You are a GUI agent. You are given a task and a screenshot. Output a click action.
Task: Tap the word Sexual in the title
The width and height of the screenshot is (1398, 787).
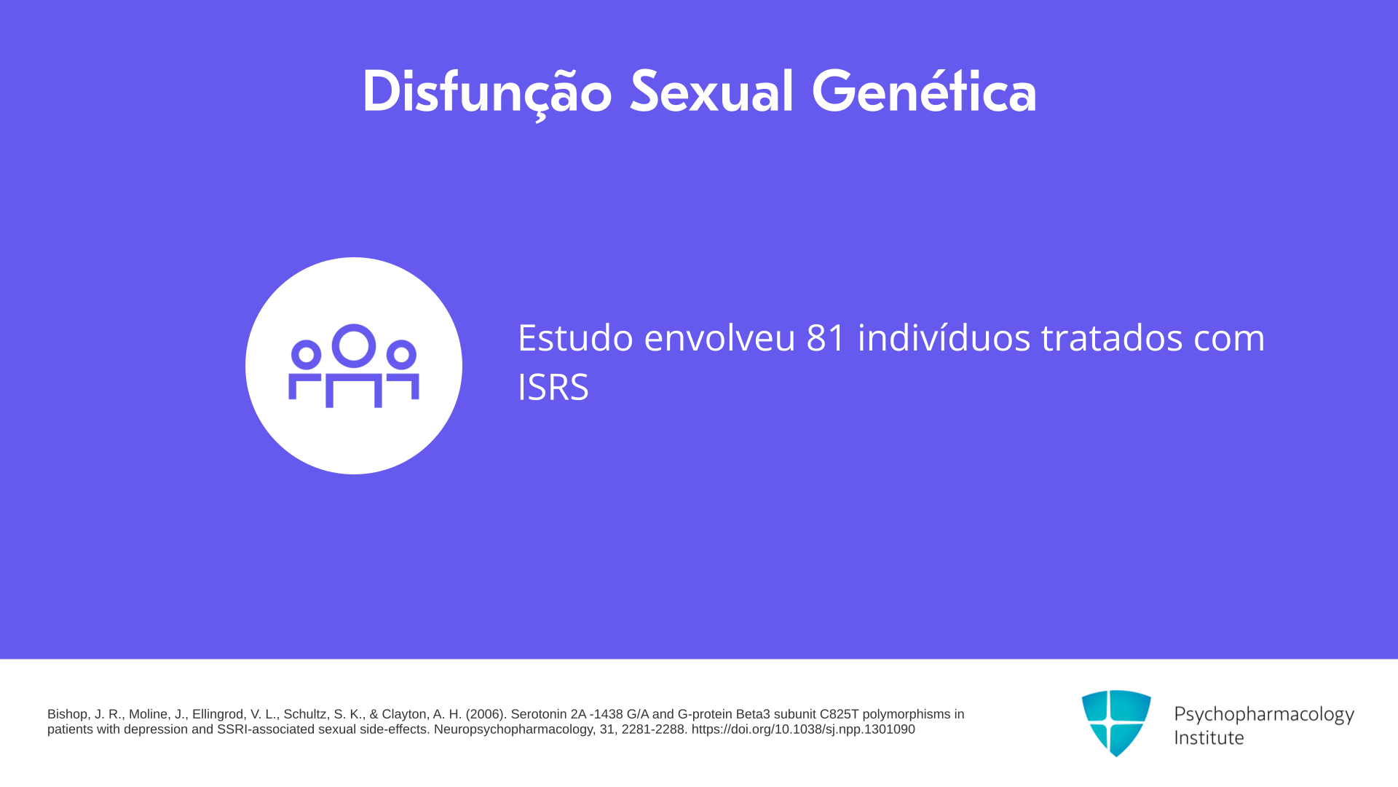click(711, 92)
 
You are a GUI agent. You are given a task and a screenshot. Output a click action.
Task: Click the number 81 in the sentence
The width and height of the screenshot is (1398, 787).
click(826, 337)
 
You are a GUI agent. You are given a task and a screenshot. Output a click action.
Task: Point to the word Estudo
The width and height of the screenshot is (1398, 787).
click(575, 337)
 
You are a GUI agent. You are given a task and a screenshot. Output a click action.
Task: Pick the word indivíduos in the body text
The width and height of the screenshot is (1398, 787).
click(944, 337)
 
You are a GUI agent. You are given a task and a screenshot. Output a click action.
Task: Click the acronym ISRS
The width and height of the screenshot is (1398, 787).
click(553, 387)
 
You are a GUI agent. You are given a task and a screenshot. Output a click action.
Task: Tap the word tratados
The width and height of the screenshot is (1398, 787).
click(1111, 337)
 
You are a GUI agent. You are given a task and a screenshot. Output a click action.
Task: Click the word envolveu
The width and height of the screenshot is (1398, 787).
click(719, 337)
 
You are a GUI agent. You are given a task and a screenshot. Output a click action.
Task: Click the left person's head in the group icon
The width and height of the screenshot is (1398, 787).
click(307, 354)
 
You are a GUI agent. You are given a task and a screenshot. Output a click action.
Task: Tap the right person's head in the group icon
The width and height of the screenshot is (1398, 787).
click(401, 354)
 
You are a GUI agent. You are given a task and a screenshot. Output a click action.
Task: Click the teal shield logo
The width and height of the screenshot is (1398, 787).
click(1116, 723)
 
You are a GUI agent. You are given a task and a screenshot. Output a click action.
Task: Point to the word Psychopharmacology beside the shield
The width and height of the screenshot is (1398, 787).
click(1264, 715)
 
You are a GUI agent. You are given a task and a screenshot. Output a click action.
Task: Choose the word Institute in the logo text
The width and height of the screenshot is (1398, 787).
click(1209, 737)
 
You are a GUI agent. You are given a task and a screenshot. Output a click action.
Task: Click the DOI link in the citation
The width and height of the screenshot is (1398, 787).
click(803, 729)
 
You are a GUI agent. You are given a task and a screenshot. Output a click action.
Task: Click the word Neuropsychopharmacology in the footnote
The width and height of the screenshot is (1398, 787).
click(513, 729)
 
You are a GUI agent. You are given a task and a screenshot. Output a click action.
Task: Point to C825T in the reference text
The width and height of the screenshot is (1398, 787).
click(840, 714)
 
